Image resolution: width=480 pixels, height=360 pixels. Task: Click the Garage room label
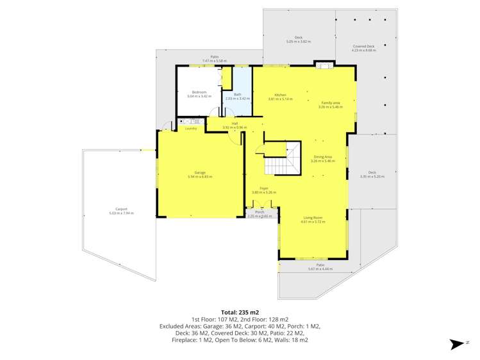click(x=200, y=172)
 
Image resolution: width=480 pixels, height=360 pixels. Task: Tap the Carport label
click(x=121, y=209)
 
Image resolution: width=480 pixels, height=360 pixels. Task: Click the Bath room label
click(x=237, y=95)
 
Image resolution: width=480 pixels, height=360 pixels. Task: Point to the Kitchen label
click(x=279, y=95)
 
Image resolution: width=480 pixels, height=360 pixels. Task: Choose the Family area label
click(x=331, y=103)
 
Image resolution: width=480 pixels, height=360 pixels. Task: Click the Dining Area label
click(x=323, y=157)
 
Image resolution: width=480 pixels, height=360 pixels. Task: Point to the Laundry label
click(x=190, y=129)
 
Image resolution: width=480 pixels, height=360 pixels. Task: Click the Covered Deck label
click(x=363, y=46)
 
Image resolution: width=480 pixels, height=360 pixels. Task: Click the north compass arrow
click(x=457, y=345)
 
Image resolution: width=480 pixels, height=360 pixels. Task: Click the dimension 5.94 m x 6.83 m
click(x=200, y=176)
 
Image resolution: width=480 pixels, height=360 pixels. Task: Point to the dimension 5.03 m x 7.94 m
click(x=121, y=213)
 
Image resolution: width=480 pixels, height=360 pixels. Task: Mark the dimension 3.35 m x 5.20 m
click(x=372, y=176)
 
